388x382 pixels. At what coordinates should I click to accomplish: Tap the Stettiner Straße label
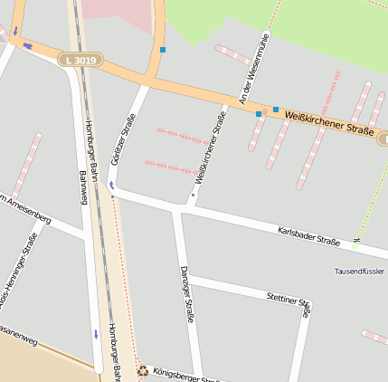pyautogui.click(x=289, y=302)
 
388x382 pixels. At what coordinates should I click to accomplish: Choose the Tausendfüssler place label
pyautogui.click(x=360, y=272)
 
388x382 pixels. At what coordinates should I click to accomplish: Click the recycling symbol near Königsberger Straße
pyautogui.click(x=142, y=369)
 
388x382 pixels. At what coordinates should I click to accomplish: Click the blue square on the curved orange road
pyautogui.click(x=163, y=49)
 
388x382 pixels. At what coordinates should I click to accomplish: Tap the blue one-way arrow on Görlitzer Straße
pyautogui.click(x=111, y=185)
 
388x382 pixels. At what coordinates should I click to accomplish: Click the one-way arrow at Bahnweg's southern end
pyautogui.click(x=96, y=334)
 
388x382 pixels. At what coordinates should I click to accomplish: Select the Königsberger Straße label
pyautogui.click(x=185, y=375)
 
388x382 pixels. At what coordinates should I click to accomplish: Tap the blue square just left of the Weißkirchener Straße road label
pyautogui.click(x=276, y=110)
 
